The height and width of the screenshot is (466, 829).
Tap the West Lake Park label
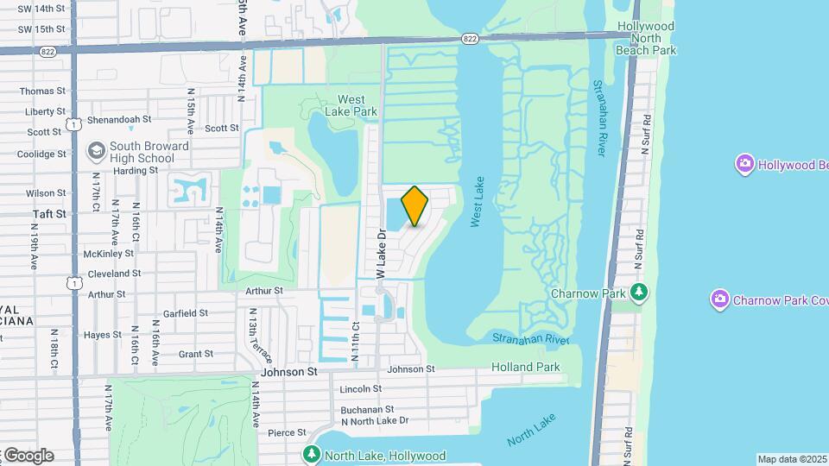[x=357, y=105]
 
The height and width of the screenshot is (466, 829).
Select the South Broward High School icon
[x=96, y=152]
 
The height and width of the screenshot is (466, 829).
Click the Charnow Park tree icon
[x=638, y=293]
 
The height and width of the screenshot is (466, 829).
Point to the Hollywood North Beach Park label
[x=646, y=38]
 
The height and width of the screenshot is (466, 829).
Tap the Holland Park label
[x=525, y=368]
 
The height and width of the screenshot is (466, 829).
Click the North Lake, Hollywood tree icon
[x=312, y=454]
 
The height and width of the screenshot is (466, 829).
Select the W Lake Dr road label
[x=380, y=253]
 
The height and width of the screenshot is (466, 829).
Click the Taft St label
[x=49, y=213]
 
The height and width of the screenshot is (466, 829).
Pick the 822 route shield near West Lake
[x=469, y=40]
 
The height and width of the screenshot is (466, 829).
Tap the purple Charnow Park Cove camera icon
[x=719, y=299]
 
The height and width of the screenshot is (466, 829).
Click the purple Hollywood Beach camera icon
[x=744, y=163]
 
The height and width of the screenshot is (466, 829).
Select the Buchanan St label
[x=367, y=409]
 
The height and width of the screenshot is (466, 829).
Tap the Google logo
[x=28, y=456]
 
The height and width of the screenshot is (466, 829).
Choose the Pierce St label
[x=287, y=432]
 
